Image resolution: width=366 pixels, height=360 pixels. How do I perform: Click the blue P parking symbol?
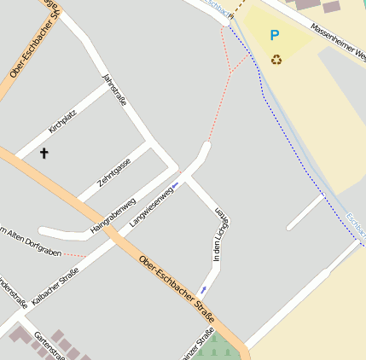274,36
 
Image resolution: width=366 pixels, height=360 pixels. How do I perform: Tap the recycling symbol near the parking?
276,59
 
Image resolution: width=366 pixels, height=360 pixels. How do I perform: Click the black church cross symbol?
44,154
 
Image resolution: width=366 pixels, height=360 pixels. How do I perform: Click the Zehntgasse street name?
114,171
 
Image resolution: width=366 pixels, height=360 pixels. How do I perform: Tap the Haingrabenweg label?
113,217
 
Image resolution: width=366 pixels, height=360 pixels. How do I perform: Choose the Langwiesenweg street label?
152,206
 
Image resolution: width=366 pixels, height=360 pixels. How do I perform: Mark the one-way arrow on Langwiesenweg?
176,184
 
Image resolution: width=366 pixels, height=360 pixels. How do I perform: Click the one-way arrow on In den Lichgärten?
202,291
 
